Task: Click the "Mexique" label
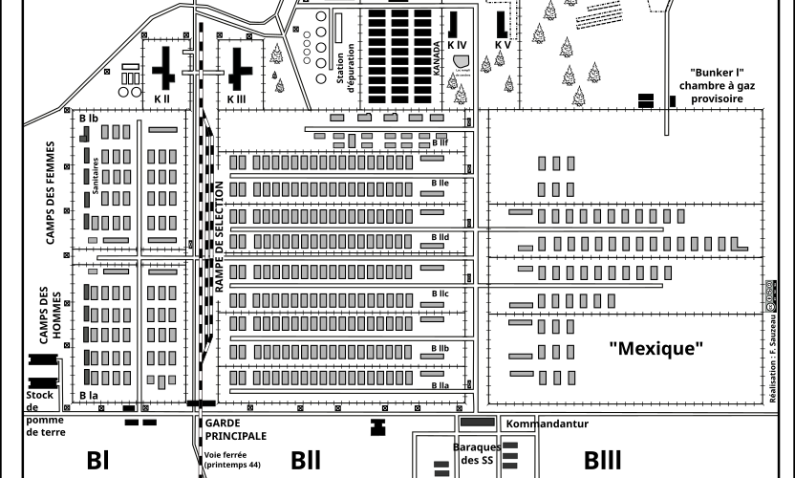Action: (x=655, y=348)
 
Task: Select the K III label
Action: (x=237, y=99)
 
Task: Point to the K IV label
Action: (x=457, y=45)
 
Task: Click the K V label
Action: (x=503, y=45)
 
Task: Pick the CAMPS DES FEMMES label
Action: (x=51, y=193)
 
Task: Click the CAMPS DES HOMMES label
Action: (x=50, y=315)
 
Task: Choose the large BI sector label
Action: (x=99, y=460)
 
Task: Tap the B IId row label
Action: (x=440, y=236)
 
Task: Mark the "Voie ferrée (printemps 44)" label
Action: (x=232, y=459)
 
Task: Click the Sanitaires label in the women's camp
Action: (x=96, y=176)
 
